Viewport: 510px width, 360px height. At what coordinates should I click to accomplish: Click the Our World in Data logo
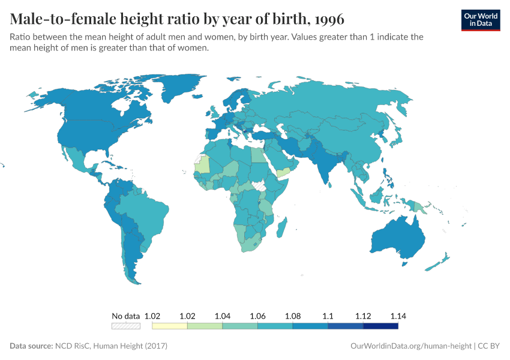(481, 19)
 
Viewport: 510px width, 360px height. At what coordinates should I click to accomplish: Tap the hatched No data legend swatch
(125, 326)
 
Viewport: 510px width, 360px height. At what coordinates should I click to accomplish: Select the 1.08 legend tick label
(293, 316)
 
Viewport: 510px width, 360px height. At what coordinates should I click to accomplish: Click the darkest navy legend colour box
(380, 326)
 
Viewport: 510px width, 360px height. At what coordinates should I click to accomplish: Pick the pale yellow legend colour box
(170, 326)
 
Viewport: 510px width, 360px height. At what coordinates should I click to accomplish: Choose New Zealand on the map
(441, 261)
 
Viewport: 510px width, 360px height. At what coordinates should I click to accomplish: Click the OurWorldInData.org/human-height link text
(410, 346)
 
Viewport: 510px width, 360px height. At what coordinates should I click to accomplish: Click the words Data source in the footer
(31, 346)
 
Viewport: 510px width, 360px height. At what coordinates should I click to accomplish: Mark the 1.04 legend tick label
(223, 316)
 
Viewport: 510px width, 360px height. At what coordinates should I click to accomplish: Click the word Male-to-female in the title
(65, 19)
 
